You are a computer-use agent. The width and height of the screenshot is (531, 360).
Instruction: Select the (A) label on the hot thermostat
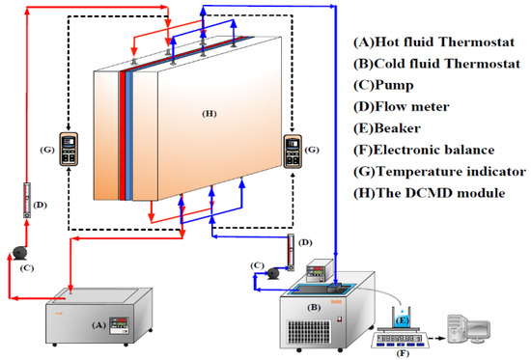pos(97,325)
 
